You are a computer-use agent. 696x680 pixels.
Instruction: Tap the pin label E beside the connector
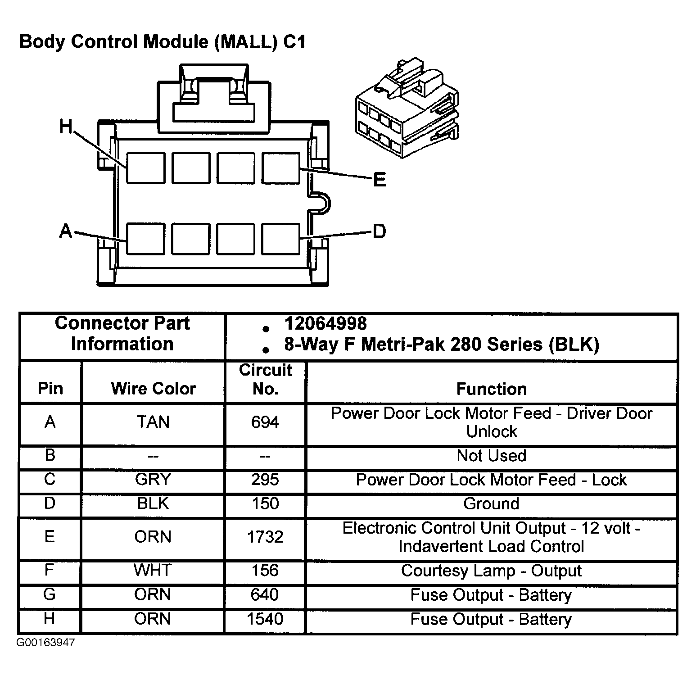click(x=380, y=180)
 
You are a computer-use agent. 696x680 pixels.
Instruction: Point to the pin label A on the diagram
click(x=66, y=231)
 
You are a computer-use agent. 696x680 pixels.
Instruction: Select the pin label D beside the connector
click(x=380, y=231)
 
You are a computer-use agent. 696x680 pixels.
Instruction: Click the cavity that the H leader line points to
click(x=145, y=168)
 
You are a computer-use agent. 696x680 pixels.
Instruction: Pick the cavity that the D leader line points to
click(x=281, y=239)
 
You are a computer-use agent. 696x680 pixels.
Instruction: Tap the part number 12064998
click(x=325, y=323)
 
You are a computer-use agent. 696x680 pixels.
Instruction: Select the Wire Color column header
click(x=154, y=388)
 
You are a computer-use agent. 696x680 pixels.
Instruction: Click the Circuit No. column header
click(x=265, y=379)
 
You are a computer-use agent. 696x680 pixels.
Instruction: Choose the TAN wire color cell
click(x=153, y=422)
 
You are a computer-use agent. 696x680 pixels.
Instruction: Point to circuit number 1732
click(x=265, y=537)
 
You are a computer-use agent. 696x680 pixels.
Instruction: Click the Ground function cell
click(x=491, y=503)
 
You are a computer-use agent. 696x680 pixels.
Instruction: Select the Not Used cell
click(x=491, y=456)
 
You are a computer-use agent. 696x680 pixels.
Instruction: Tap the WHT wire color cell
click(x=153, y=570)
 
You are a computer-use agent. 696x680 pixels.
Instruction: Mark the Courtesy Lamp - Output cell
click(x=491, y=571)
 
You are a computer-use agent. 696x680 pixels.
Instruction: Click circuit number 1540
click(x=265, y=619)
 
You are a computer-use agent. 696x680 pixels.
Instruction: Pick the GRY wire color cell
click(x=153, y=479)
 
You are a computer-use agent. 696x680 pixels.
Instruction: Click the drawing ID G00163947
click(x=46, y=643)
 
